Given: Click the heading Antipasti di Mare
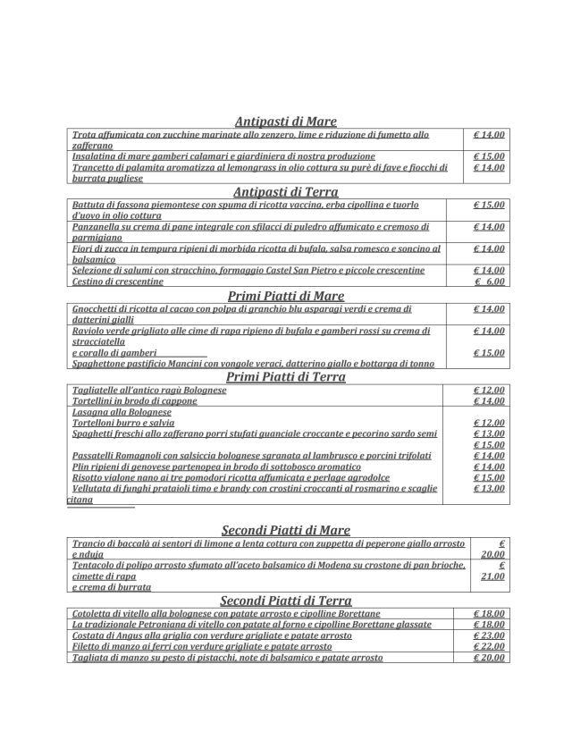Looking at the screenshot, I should tap(285, 122).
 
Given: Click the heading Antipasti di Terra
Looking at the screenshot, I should tap(285, 191).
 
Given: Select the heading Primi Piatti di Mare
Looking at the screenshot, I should tap(285, 296).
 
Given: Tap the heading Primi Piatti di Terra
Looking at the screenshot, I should tap(285, 377).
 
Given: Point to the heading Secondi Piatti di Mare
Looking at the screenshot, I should tap(285, 530).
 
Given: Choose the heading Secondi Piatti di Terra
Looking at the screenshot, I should tap(285, 601).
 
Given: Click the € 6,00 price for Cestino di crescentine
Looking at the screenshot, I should tap(489, 282).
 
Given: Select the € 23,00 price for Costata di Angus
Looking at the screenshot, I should tap(489, 635).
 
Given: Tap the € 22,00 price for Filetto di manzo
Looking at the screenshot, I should tap(489, 646).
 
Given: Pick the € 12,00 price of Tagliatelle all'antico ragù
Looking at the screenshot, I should tap(489, 391).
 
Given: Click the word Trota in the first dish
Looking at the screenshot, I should tap(84, 135).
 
